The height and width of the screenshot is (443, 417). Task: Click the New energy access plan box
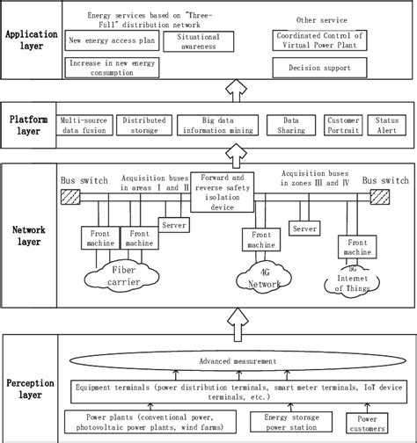click(x=106, y=41)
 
